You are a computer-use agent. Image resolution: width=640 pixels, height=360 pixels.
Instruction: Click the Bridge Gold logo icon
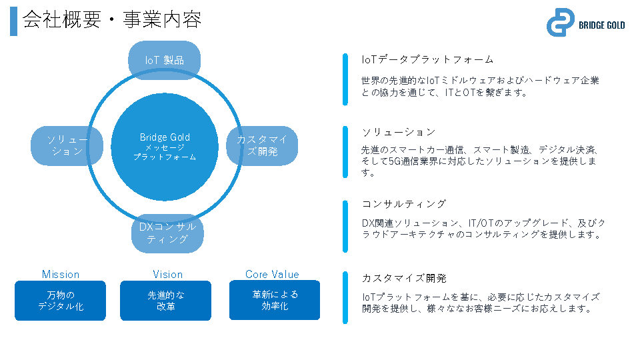560,23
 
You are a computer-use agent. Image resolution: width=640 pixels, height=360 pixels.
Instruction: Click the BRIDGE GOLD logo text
602,25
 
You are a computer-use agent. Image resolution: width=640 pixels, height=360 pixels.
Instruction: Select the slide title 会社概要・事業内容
112,21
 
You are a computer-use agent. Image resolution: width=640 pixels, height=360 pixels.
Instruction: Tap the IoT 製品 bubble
164,60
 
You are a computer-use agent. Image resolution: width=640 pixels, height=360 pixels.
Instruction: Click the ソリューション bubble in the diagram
67,145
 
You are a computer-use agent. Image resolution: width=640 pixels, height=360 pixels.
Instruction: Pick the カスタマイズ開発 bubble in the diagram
262,145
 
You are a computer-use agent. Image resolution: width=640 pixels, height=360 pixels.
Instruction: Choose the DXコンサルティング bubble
167,233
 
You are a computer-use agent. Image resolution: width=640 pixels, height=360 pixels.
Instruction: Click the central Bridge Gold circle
165,147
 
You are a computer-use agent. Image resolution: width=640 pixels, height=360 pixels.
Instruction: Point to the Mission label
61,275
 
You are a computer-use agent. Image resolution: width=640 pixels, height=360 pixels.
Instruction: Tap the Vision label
167,275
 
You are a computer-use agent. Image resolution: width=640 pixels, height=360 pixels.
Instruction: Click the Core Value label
272,275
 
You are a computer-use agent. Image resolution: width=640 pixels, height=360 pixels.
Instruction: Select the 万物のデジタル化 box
61,301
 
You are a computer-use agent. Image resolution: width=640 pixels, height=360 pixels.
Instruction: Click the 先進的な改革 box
166,301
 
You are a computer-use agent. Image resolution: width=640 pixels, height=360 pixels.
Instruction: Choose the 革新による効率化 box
275,300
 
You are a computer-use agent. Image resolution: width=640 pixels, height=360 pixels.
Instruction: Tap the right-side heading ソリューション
399,132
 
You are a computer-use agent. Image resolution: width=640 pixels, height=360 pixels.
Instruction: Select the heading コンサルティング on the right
404,204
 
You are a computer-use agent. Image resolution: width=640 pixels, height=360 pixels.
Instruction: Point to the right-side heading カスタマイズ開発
404,278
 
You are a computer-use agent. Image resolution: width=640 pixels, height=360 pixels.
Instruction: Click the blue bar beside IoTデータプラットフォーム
345,79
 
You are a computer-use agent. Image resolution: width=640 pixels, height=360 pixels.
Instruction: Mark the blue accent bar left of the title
13,21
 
